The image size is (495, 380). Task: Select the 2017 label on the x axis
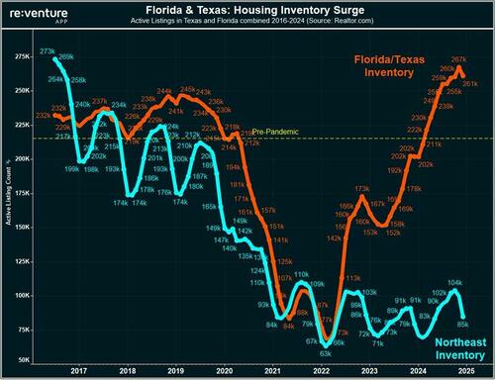click(78, 369)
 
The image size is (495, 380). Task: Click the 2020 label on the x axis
click(224, 369)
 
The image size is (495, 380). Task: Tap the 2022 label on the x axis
click(320, 369)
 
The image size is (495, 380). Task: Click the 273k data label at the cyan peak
click(47, 51)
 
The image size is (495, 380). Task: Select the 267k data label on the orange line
click(458, 60)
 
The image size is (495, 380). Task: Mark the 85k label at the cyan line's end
click(463, 324)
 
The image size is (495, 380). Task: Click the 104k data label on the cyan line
click(453, 283)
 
